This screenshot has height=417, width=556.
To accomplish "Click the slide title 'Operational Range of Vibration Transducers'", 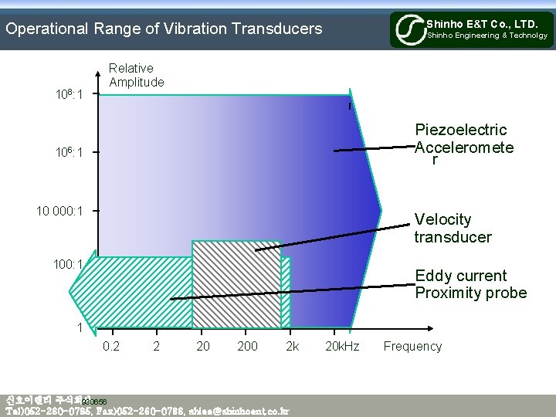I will pyautogui.click(x=164, y=29).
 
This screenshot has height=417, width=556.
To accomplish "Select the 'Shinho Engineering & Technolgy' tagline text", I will pyautogui.click(x=487, y=36).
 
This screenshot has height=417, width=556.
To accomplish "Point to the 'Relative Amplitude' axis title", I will pyautogui.click(x=136, y=75).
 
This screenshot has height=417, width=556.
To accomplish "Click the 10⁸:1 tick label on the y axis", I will pyautogui.click(x=67, y=94).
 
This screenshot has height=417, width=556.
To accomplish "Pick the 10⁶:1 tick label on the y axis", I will pyautogui.click(x=67, y=152).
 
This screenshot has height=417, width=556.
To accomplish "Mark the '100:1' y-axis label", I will pyautogui.click(x=68, y=265).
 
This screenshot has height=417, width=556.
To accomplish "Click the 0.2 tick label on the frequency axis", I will pyautogui.click(x=111, y=346).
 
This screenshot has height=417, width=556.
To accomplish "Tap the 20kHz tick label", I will pyautogui.click(x=342, y=346).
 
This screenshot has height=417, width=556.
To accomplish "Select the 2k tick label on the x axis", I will pyautogui.click(x=292, y=346).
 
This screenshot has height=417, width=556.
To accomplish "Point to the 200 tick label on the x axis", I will pyautogui.click(x=247, y=346).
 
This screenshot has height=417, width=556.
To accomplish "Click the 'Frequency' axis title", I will pyautogui.click(x=412, y=346).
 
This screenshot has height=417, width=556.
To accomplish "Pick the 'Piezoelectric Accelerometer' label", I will pyautogui.click(x=463, y=143).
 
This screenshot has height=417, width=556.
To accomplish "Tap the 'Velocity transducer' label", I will pyautogui.click(x=453, y=229).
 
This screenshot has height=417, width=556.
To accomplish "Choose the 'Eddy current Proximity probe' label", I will pyautogui.click(x=470, y=284).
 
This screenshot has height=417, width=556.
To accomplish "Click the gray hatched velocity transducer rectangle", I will pyautogui.click(x=236, y=284).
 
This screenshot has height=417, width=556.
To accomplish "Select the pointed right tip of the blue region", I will pyautogui.click(x=380, y=209).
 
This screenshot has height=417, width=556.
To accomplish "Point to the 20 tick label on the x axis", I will pyautogui.click(x=203, y=346).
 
